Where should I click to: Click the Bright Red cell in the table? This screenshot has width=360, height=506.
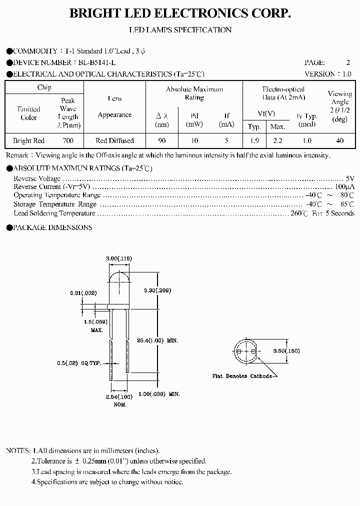pyautogui.click(x=29, y=141)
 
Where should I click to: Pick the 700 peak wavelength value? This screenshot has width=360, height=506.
pyautogui.click(x=68, y=141)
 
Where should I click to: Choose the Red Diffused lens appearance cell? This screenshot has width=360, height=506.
pyautogui.click(x=114, y=141)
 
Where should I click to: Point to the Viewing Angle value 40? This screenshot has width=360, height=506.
pyautogui.click(x=340, y=141)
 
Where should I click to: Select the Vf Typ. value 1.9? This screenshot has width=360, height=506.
pyautogui.click(x=254, y=141)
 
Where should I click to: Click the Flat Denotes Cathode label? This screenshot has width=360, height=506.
pyautogui.click(x=242, y=376)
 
